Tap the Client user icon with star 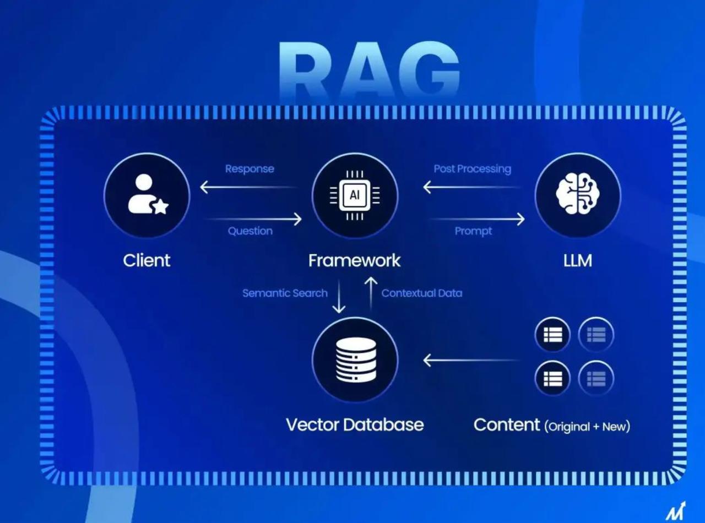148,194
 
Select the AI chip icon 355,195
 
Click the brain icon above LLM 578,193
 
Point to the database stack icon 356,359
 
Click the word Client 147,260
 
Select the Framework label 354,260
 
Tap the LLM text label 578,261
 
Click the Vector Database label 355,424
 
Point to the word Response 250,168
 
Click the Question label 250,231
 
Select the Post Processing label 473,168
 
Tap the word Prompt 473,231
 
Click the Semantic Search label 285,293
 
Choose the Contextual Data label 422,293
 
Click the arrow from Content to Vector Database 471,360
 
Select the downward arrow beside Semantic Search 339,296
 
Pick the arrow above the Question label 253,219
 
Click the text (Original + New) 587,427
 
